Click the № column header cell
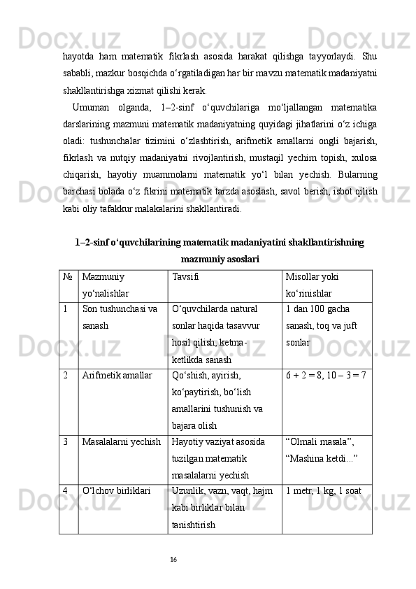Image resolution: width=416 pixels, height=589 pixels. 69,276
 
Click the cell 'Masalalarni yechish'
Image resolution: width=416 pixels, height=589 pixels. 122,442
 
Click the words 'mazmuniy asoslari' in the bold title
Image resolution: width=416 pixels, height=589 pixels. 220,260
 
